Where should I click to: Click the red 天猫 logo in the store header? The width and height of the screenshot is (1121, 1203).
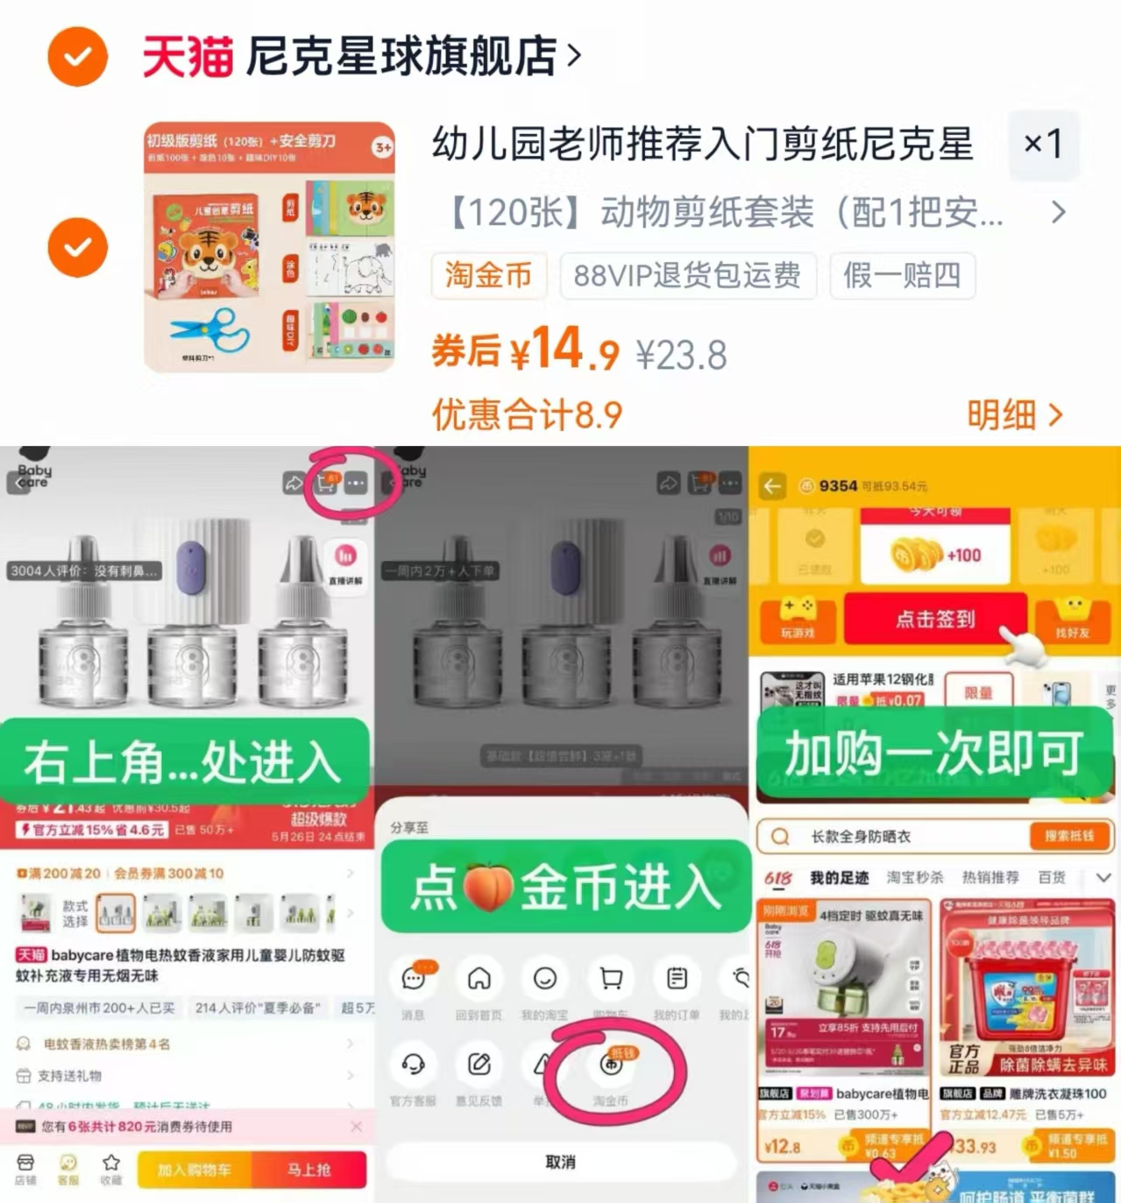coord(188,57)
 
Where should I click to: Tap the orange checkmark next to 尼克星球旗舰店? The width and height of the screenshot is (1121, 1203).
coord(77,57)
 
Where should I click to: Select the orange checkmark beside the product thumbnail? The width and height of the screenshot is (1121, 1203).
coord(77,247)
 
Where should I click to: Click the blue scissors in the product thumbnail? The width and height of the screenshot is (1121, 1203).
coord(210,331)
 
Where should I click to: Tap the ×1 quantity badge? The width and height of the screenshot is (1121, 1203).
coord(1043,143)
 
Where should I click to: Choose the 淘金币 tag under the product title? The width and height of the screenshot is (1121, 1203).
coord(488,275)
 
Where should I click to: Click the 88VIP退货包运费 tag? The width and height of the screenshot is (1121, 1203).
coord(687,275)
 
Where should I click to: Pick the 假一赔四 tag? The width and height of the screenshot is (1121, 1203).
coord(902,275)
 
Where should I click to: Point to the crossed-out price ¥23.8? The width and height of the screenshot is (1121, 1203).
coord(682,356)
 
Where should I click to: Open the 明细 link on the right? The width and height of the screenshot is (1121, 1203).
coord(1014,414)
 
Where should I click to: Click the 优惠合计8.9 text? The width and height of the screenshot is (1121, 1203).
coord(527,414)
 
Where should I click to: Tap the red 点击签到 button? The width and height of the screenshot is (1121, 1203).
coord(934,619)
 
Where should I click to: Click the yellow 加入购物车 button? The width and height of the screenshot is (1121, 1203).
coord(194,1170)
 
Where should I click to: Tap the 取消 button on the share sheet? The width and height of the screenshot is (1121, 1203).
coord(560,1162)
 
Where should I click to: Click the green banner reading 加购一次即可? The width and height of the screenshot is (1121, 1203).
coord(933,754)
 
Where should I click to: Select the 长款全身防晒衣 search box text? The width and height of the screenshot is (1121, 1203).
coord(861,837)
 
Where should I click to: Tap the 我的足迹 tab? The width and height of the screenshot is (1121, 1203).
coord(839,877)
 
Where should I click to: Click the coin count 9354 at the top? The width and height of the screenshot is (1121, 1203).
coord(838,485)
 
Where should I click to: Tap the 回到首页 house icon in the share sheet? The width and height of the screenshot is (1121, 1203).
coord(479,979)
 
